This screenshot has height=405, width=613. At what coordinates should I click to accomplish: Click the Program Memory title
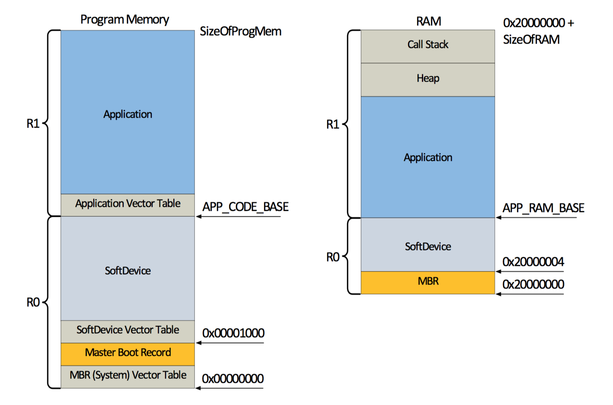pos(125,19)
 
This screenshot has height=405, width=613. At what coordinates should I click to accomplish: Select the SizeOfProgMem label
pos(240,31)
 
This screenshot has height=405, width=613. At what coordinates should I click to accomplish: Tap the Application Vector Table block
pos(128,204)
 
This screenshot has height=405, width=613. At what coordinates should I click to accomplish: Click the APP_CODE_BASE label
pos(245,207)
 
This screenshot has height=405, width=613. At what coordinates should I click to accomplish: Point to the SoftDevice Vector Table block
pos(128,330)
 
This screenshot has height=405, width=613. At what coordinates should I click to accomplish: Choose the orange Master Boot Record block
pos(128,353)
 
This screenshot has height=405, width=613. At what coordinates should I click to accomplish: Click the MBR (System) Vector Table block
pos(128,376)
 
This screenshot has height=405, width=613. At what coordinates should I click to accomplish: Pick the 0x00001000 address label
pos(233,333)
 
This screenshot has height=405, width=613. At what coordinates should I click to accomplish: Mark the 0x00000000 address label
pos(233,379)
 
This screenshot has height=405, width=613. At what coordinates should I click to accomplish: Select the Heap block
pos(428,79)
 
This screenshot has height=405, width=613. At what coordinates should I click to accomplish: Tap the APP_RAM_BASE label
pos(543,208)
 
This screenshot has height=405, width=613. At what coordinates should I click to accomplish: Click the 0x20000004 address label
pos(533,262)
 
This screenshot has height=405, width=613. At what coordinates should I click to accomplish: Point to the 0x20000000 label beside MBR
pos(533,285)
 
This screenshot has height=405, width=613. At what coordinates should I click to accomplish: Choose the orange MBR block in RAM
pos(428,282)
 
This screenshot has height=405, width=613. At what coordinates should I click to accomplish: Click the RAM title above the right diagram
pos(428,21)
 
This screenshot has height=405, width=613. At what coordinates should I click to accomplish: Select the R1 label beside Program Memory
pos(33,124)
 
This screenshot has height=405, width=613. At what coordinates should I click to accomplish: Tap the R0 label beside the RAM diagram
pos(333,258)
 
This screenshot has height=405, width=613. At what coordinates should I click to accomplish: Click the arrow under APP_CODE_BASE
pos(238,216)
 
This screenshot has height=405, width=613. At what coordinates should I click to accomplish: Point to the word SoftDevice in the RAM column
pos(428,247)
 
